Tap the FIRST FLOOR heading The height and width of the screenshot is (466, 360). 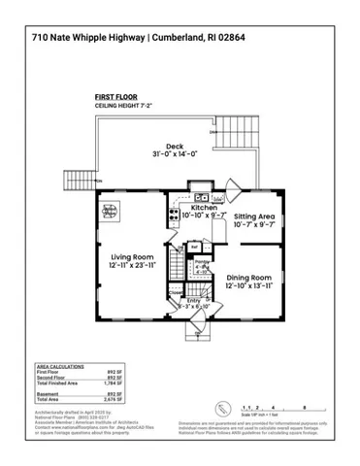pyautogui.click(x=116, y=97)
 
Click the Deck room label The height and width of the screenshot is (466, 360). pyautogui.click(x=175, y=147)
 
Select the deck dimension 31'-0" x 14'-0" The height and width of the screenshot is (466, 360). pyautogui.click(x=175, y=154)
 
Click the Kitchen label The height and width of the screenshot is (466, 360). pyautogui.click(x=204, y=208)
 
